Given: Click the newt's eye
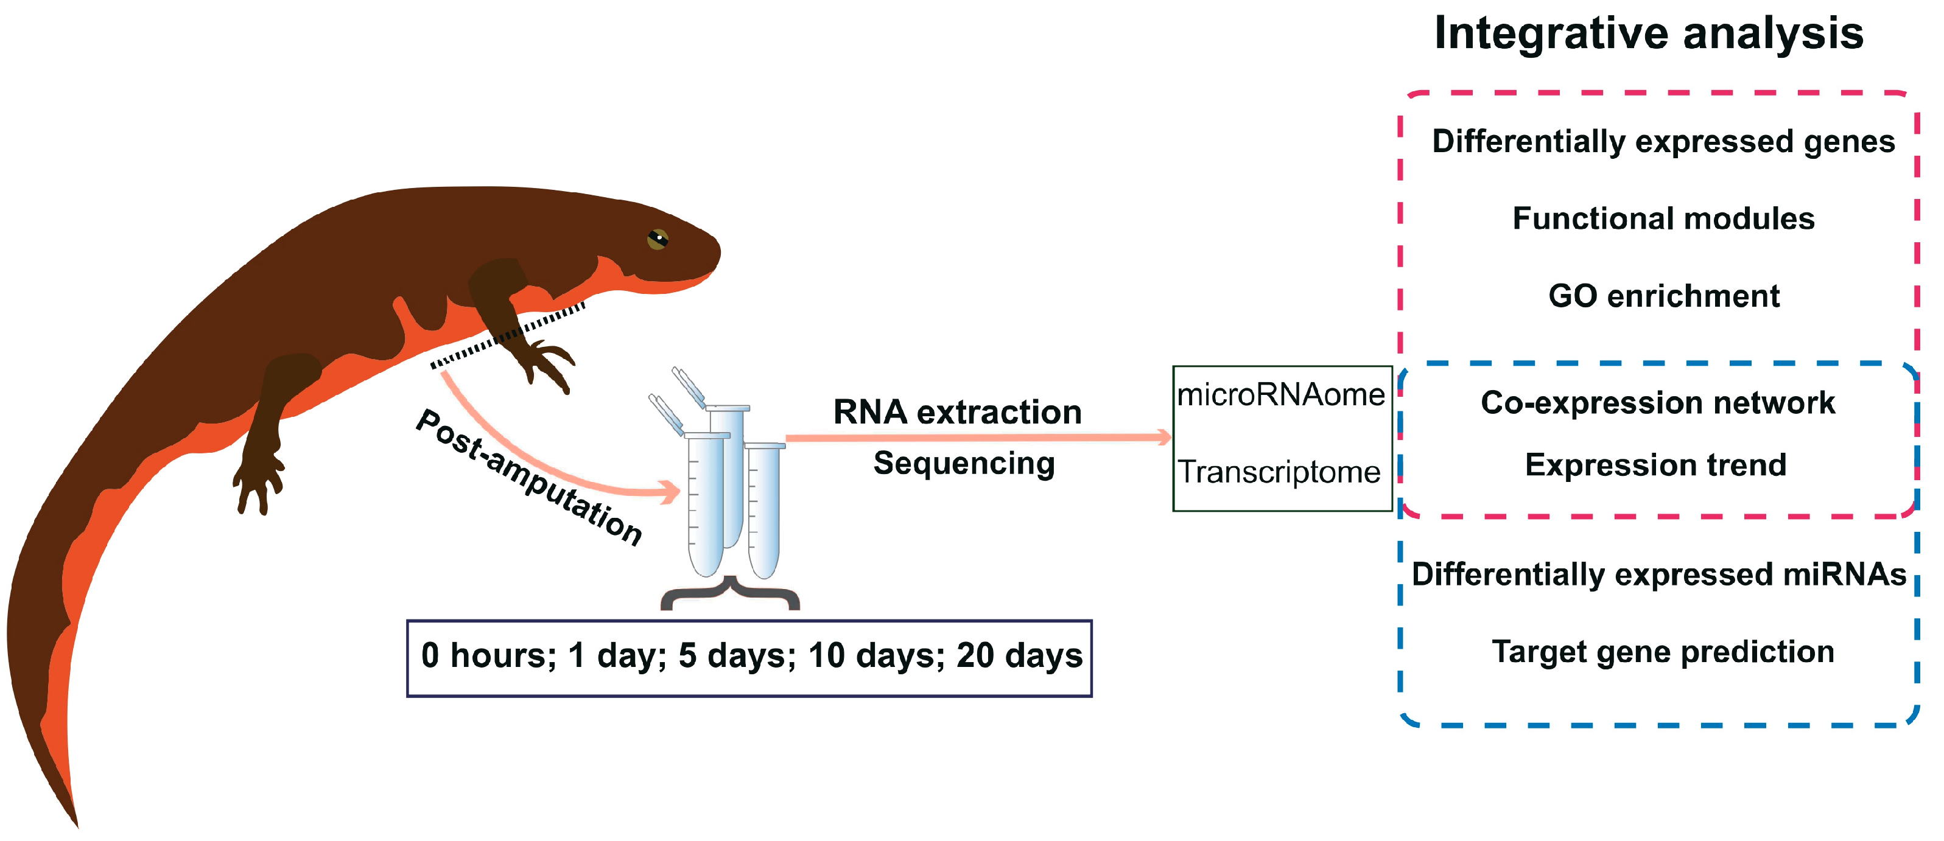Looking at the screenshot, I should point(658,239).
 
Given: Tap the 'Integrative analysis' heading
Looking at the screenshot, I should point(1648,34).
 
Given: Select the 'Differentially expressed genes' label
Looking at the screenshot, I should point(1663,142).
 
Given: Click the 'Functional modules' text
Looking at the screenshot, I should point(1663,218).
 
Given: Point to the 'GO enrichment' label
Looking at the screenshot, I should point(1663,296).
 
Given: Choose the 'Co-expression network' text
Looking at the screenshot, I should point(1657,403).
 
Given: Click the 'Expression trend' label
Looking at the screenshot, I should point(1656,465).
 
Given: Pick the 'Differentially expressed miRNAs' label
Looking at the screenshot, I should point(1658,574).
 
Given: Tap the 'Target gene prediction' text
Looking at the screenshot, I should point(1663,652).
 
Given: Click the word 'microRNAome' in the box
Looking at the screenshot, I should point(1280,395).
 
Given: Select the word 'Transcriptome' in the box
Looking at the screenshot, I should point(1279,472).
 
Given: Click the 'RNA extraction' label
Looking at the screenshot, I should point(957,413).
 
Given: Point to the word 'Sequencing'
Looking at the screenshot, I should point(964,463).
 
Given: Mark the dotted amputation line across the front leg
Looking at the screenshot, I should point(507,336).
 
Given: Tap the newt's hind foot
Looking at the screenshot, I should point(256,483).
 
